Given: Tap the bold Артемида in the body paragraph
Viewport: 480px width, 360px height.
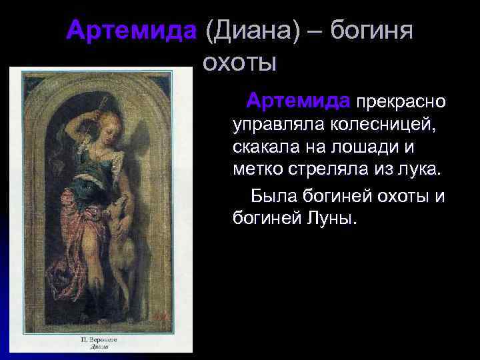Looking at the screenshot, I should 298,101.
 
